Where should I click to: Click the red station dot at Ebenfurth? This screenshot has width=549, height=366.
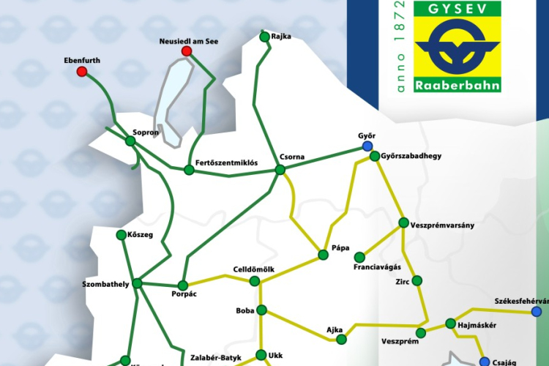pyautogui.click(x=82, y=72)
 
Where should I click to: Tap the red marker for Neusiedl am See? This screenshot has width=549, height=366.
pyautogui.click(x=187, y=51)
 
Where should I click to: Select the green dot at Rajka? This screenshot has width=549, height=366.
pyautogui.click(x=264, y=36)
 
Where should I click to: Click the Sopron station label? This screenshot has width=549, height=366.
pyautogui.click(x=146, y=133)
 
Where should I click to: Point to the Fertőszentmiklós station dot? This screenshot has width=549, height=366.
pyautogui.click(x=189, y=171)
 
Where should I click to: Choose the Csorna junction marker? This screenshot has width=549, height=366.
pyautogui.click(x=280, y=170)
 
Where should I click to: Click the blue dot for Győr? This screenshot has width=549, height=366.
pyautogui.click(x=367, y=146)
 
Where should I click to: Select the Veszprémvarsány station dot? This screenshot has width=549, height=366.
pyautogui.click(x=403, y=223)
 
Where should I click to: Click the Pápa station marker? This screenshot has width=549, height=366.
pyautogui.click(x=323, y=255)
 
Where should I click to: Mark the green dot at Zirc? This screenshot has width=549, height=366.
pyautogui.click(x=417, y=280)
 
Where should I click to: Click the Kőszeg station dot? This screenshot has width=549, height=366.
pyautogui.click(x=122, y=235)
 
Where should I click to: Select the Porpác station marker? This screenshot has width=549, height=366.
pyautogui.click(x=184, y=285)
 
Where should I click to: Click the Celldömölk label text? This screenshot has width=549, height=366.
pyautogui.click(x=253, y=270)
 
